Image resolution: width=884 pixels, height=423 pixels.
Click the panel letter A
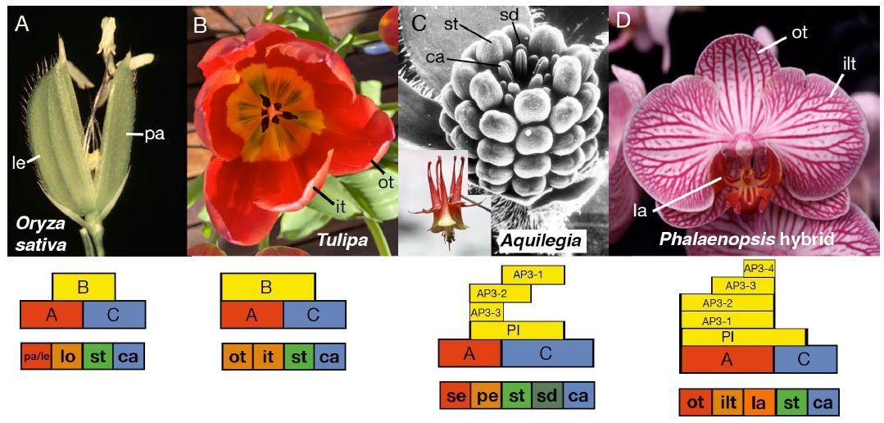click(22, 25)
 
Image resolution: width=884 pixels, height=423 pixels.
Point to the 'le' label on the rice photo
click(19, 162)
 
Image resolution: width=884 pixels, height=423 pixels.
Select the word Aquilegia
click(542, 240)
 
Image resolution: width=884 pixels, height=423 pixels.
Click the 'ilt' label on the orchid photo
click(849, 63)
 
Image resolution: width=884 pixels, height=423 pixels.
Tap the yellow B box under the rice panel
click(84, 286)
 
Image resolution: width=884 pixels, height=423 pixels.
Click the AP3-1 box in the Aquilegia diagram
click(532, 275)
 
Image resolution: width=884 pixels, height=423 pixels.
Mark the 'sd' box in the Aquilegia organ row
click(546, 395)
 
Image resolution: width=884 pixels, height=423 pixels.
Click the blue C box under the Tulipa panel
click(314, 314)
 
